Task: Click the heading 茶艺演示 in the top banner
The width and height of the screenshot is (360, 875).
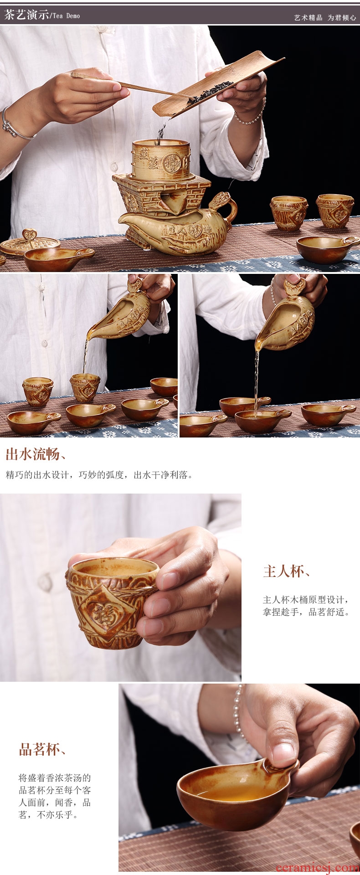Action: tap(26, 15)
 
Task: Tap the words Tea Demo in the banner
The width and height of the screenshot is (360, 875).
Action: tap(66, 16)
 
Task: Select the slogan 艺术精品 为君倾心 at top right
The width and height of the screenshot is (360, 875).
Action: tap(325, 18)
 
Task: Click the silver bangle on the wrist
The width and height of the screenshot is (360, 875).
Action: tap(14, 125)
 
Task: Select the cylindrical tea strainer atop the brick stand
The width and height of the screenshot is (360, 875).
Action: tap(160, 159)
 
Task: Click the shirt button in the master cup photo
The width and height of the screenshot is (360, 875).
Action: tap(45, 583)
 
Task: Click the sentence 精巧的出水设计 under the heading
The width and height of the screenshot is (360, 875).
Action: tap(38, 475)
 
